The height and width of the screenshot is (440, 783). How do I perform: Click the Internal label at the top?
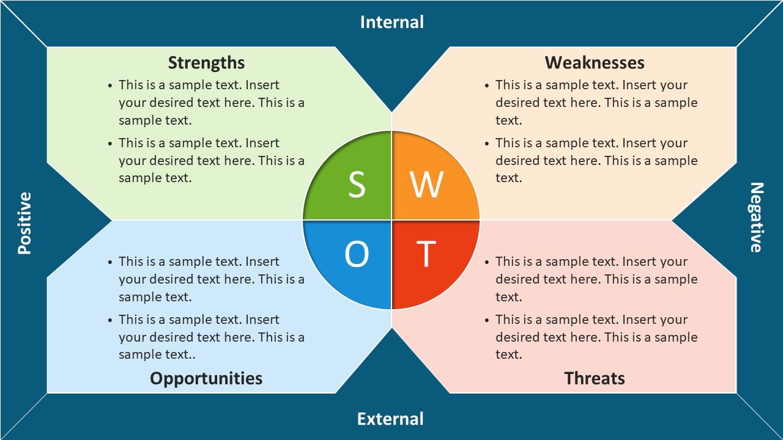click(392, 22)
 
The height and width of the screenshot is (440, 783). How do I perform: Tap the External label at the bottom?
click(390, 419)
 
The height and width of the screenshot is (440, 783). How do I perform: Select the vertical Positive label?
click(25, 223)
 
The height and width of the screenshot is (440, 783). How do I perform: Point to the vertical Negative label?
click(757, 217)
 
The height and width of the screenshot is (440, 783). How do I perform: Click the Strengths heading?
click(206, 63)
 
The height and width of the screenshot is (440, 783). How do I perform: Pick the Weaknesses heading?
click(595, 63)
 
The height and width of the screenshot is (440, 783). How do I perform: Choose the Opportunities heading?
click(206, 379)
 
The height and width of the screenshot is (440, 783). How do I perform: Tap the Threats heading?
click(595, 378)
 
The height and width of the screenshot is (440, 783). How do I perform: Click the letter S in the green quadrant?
click(357, 185)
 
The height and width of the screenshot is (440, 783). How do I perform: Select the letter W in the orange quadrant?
click(427, 185)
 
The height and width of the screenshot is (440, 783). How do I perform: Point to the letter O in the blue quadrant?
click(357, 254)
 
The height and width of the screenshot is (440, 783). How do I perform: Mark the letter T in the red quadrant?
click(426, 254)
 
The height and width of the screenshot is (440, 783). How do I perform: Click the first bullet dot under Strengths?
click(110, 86)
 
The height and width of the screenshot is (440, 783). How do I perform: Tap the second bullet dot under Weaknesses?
click(487, 144)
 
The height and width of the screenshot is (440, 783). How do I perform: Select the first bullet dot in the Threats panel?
click(487, 262)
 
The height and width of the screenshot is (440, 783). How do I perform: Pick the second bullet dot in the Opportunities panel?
click(110, 320)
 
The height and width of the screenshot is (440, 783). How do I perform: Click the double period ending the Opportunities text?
click(192, 358)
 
